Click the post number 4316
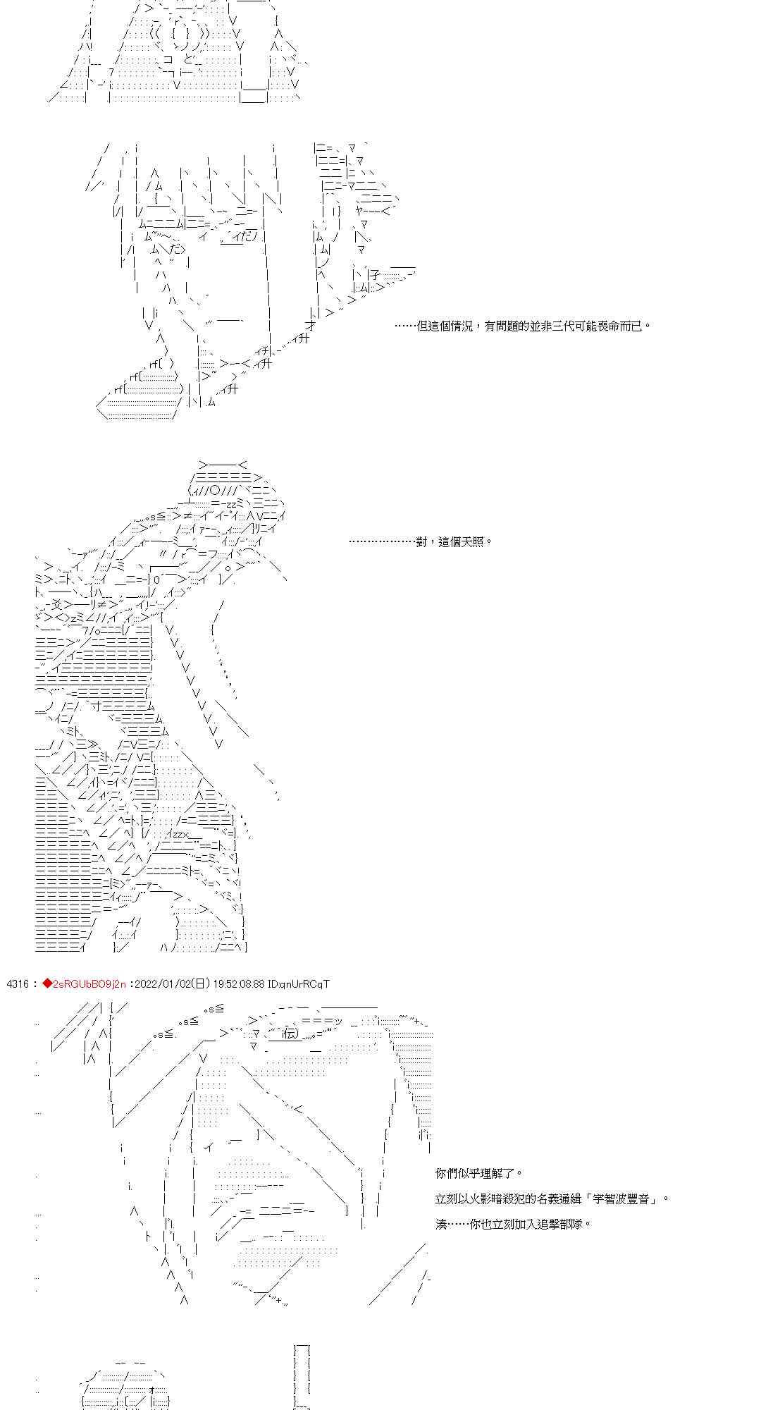(17, 983)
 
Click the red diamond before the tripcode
(47, 983)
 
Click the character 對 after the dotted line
(421, 541)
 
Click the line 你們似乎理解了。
(479, 1173)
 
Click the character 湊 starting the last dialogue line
(441, 1224)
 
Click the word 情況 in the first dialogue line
(459, 326)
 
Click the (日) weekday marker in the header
(199, 983)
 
